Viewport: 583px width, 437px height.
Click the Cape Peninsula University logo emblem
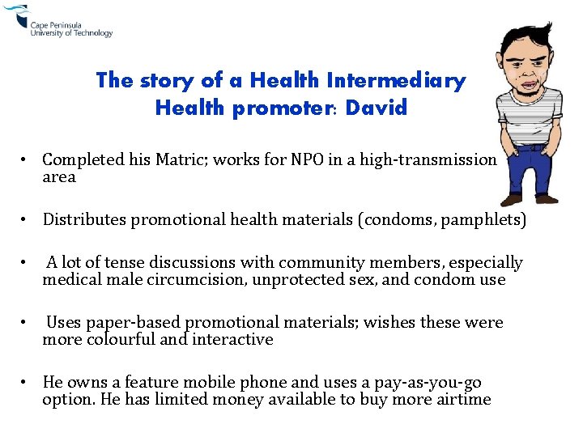[15, 16]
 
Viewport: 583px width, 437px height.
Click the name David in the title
[376, 108]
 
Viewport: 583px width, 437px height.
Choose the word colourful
[115, 340]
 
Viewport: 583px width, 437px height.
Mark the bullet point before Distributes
[28, 219]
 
